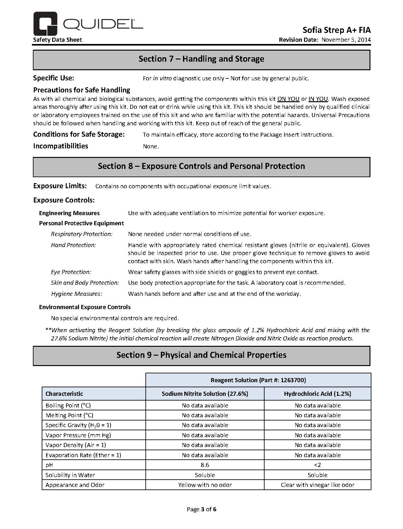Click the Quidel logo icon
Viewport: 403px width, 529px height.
click(x=45, y=24)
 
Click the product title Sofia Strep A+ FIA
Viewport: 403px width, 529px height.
click(x=336, y=30)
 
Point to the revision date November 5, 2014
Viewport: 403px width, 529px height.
click(x=346, y=40)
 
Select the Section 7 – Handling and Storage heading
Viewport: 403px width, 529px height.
click(x=201, y=59)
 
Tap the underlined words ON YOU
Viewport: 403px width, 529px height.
click(x=288, y=99)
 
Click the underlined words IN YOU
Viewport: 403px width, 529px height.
click(x=318, y=99)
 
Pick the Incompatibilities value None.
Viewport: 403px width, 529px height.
click(x=151, y=146)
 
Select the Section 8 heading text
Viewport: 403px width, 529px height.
click(x=201, y=166)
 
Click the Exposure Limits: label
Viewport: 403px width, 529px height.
click(x=60, y=186)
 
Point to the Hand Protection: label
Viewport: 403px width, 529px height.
click(x=73, y=245)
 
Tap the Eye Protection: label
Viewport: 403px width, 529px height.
click(x=71, y=272)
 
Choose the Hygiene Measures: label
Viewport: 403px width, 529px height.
click(x=76, y=294)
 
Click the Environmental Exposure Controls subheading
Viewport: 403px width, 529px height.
click(x=85, y=307)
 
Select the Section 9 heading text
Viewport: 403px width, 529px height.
click(x=201, y=355)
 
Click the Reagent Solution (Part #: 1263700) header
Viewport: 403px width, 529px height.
click(x=258, y=380)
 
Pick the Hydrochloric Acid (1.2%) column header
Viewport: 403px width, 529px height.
click(x=317, y=394)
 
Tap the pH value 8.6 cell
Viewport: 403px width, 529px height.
click(x=205, y=465)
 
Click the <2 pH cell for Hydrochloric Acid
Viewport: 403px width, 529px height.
click(x=317, y=465)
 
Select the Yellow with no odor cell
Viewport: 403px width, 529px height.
click(x=205, y=485)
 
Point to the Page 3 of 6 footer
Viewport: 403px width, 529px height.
click(x=201, y=509)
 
